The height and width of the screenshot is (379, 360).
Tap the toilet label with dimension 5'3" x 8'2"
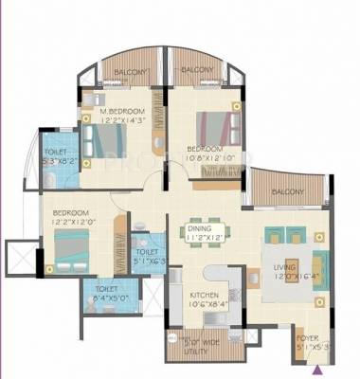[x=58, y=160]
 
